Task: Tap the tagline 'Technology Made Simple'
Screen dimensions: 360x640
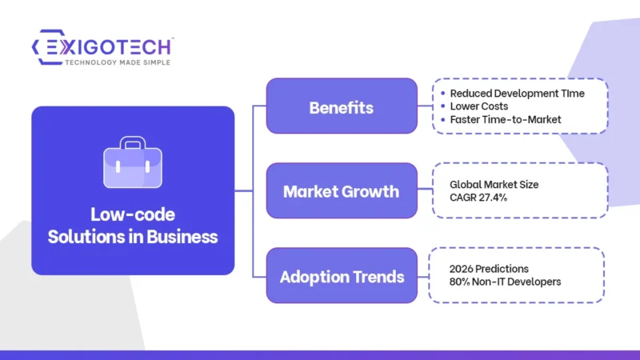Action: tap(117, 62)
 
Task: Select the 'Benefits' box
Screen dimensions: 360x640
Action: tap(342, 106)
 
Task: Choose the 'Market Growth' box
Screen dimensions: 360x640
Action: tap(342, 192)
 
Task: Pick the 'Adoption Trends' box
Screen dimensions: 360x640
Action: tap(342, 277)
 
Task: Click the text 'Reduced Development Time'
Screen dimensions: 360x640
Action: tap(517, 93)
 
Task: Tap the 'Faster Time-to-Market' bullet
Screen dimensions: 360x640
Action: tap(505, 119)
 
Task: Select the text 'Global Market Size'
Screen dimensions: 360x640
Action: tap(494, 184)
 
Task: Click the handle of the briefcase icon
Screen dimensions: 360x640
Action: tap(133, 143)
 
